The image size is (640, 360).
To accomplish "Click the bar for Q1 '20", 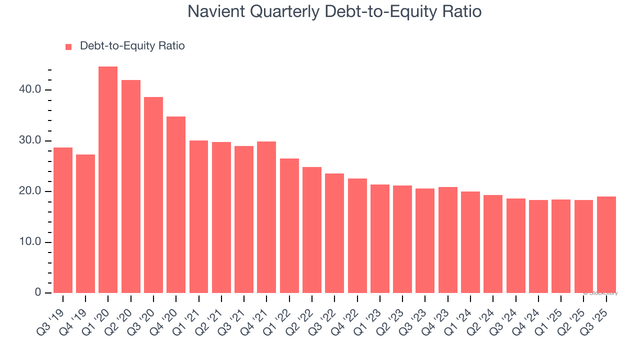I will pos(108,180).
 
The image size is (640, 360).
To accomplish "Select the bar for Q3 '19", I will pos(63,220).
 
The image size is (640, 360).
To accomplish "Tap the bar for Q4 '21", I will pos(266,217).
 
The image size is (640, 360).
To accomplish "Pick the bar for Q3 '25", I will pos(606,245).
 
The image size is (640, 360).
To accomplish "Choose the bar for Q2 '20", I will pos(131,186).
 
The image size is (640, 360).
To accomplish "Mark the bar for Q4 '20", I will pos(176,205).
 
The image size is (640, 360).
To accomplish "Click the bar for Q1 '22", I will pos(289,226).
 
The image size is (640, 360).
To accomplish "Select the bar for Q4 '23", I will pos(448,240).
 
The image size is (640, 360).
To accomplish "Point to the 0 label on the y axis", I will pos(38,293).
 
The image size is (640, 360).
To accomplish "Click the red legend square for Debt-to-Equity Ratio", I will pos(68,46).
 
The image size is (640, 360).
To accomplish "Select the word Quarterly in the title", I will pos(280,11).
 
